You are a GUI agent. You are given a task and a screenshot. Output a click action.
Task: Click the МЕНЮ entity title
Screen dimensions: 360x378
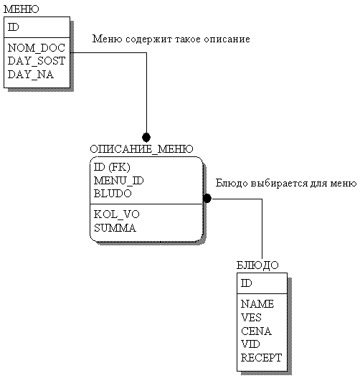22,9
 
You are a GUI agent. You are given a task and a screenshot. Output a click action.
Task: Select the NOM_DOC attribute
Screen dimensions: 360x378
37,48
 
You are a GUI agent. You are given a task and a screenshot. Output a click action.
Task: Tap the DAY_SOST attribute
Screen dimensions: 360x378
37,61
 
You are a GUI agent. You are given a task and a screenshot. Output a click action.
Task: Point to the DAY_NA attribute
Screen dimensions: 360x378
31,75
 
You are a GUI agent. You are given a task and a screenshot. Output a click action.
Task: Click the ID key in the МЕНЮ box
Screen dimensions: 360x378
13,27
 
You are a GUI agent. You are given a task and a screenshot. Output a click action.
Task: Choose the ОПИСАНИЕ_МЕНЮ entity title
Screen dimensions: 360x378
141,149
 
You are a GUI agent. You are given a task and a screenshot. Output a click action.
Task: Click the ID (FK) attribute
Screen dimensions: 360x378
112,167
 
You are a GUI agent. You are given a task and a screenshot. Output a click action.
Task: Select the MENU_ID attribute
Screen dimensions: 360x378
118,180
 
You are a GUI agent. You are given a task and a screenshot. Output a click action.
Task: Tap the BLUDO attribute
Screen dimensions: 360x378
113,194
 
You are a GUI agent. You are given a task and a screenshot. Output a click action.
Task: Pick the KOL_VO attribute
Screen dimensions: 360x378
117,214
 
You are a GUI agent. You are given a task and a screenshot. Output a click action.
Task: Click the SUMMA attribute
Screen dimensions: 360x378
115,228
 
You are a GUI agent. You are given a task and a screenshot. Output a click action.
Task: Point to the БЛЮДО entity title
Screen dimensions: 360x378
257,265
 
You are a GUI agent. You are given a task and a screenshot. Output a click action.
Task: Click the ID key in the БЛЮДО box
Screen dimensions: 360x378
247,283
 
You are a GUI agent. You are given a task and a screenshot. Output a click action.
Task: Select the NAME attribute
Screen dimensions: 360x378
257,303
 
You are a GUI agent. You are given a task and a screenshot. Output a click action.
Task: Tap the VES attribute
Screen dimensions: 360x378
251,317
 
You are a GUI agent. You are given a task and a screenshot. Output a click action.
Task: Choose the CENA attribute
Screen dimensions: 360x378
256,331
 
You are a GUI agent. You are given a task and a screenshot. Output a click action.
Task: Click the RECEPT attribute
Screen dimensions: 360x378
261,357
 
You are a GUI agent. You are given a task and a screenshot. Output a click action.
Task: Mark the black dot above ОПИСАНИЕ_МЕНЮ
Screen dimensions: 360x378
146,138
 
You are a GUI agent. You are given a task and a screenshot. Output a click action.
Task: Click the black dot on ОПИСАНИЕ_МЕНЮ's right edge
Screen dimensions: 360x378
207,199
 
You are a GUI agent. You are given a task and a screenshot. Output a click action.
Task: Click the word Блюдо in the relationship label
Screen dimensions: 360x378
232,183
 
